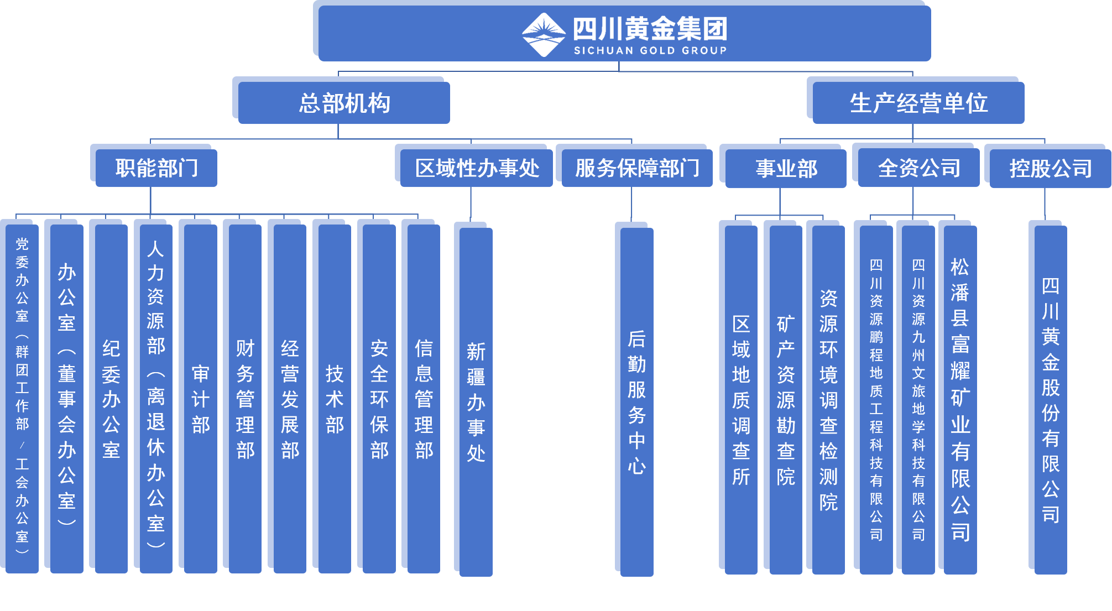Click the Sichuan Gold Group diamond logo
point(544,34)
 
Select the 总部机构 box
point(344,103)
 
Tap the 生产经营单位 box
point(918,103)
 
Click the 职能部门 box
point(156,168)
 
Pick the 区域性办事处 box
point(477,168)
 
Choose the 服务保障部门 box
point(637,168)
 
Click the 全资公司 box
point(918,168)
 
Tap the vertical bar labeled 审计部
point(200,398)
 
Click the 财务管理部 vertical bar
point(245,398)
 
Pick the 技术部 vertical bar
point(335,398)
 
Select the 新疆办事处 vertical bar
point(476,401)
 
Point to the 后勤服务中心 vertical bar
point(636,401)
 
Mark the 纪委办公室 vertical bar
point(111,398)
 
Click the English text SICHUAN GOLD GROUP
point(650,50)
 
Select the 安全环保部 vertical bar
point(379,398)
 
